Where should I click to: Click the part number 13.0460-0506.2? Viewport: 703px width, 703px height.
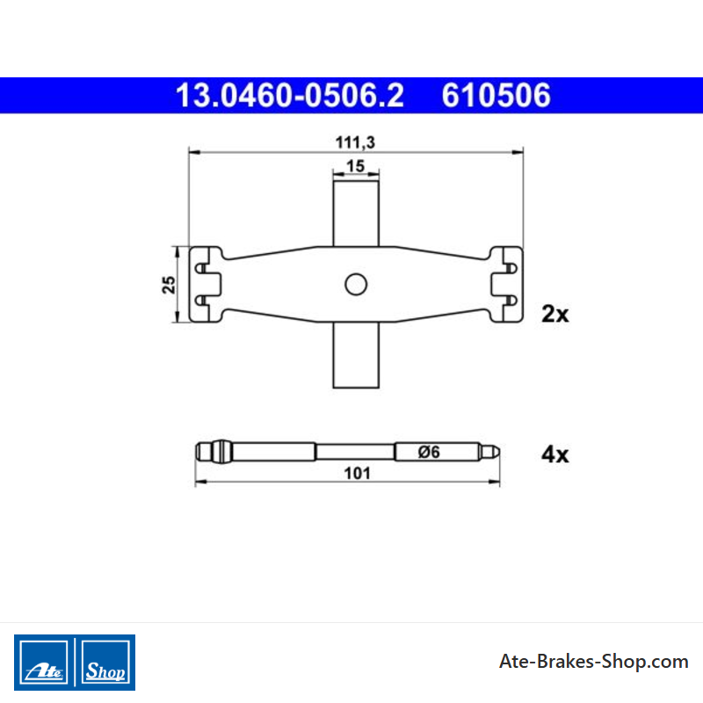pos(290,95)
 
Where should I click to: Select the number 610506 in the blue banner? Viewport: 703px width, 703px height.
pos(496,95)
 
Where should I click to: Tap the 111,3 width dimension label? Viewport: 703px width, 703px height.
pos(355,142)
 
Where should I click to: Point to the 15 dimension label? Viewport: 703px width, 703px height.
pos(356,166)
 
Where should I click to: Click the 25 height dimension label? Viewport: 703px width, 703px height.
pos(169,285)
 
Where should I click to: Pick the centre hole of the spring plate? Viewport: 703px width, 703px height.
pos(356,284)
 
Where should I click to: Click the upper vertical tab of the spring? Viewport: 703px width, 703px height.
pos(356,214)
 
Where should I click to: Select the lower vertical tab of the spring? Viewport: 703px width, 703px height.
pos(356,355)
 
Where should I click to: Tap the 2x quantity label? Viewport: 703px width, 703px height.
pos(555,314)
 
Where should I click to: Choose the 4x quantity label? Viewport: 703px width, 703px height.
pos(555,454)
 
